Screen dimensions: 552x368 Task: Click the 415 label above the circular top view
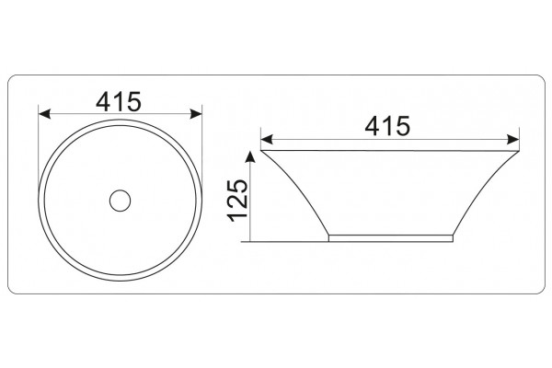pos(119,101)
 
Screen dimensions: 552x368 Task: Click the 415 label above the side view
pos(387,126)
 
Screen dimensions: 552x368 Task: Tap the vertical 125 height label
pos(238,201)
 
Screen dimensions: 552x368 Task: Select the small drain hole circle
pos(120,201)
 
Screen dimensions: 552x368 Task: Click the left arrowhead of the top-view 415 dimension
pos(44,114)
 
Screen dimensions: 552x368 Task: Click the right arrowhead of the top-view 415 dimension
pos(196,114)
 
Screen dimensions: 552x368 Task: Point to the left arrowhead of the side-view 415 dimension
pos(267,140)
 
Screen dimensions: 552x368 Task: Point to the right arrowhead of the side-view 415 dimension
pos(513,140)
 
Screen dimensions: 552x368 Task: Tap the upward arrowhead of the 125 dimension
pos(250,156)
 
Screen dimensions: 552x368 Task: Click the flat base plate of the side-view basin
pos(391,238)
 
